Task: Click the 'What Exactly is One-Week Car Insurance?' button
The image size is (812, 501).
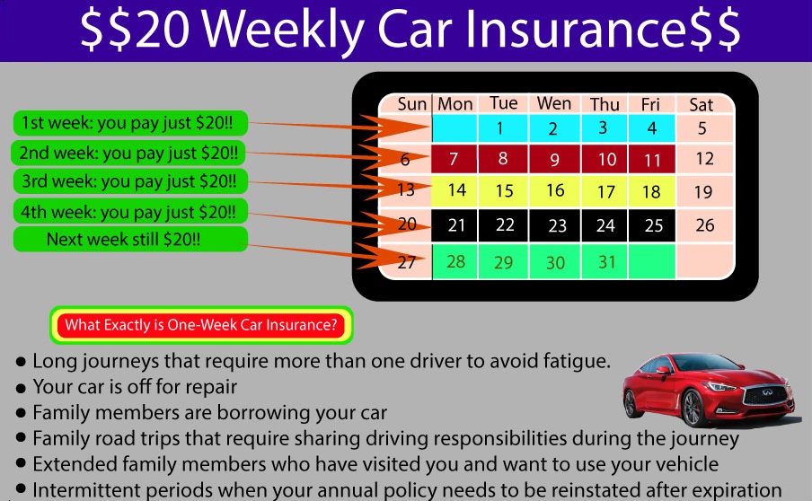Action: point(201,325)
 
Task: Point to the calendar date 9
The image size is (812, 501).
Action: point(554,160)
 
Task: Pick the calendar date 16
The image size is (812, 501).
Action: point(554,190)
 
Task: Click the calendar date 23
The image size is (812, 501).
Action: point(557,225)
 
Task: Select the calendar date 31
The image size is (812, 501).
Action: point(607,262)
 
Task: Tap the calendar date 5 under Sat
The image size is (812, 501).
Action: point(702,128)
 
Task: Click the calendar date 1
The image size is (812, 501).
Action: point(500,128)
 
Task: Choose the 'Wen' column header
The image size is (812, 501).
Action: point(553,104)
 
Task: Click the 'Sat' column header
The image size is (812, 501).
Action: point(701,105)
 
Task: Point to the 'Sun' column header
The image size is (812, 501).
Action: point(411,104)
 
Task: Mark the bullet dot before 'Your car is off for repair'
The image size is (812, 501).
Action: point(21,389)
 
